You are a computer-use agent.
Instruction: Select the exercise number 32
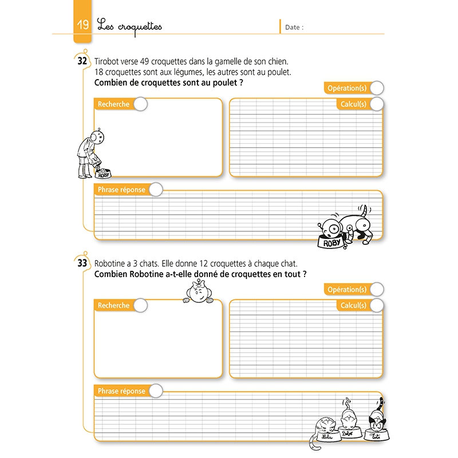82,62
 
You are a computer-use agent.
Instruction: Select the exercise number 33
82,263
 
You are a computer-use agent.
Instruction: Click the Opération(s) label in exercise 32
346,88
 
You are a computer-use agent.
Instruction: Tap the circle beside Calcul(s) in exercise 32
377,104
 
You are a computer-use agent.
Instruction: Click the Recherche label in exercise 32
113,104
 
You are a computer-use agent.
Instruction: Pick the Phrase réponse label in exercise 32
121,189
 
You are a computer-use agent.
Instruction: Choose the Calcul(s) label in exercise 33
353,306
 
